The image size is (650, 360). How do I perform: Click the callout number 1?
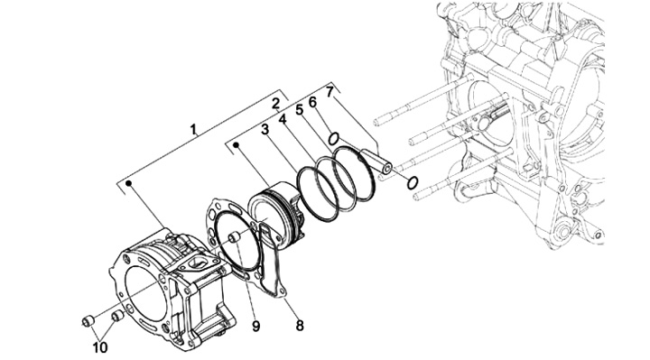point(193,130)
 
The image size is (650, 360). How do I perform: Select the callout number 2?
point(276,104)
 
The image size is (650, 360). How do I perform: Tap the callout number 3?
point(265,130)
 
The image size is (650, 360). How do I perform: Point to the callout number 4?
point(283,119)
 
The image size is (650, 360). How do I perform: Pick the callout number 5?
point(300,110)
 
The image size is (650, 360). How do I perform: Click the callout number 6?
point(312,102)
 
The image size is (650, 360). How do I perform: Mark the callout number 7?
point(330,91)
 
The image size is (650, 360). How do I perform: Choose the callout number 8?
point(300,326)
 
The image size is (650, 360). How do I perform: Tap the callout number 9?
point(255,326)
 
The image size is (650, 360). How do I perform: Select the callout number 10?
point(100,347)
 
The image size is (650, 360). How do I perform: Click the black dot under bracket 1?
point(128,183)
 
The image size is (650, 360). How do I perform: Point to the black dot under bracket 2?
point(237,145)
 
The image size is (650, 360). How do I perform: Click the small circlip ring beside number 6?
point(334,139)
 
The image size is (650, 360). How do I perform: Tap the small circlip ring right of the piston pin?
point(412,182)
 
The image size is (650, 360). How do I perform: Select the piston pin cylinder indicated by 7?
point(376,162)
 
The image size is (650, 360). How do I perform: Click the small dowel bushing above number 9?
point(235,237)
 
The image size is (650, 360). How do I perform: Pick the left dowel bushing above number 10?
point(87,321)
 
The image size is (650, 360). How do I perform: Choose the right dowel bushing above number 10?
point(118,317)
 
